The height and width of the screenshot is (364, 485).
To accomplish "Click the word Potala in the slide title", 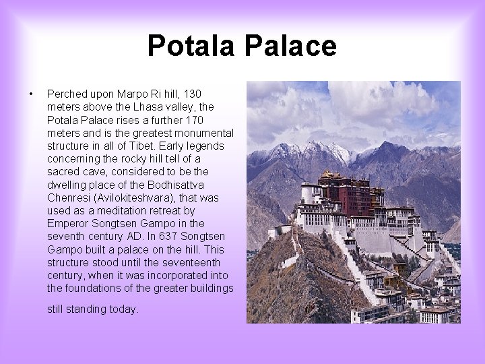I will (x=191, y=46).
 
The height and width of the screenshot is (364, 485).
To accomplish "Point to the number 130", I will (x=193, y=94).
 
